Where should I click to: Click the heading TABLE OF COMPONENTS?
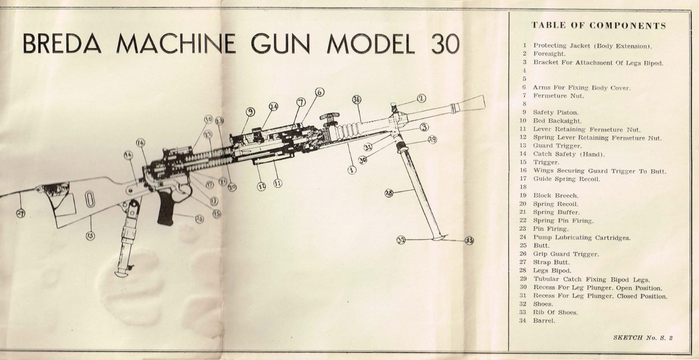point(599,26)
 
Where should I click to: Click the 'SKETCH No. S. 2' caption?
point(643,337)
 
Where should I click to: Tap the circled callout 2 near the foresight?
point(421,98)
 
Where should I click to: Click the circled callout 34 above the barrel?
point(357,100)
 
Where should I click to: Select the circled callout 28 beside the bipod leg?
point(389,192)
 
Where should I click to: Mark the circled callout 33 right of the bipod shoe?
point(469,241)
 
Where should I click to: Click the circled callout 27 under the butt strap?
point(20,213)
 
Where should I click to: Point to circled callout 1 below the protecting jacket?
point(351,170)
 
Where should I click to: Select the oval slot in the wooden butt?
point(89,199)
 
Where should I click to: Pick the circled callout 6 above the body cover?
point(319,92)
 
